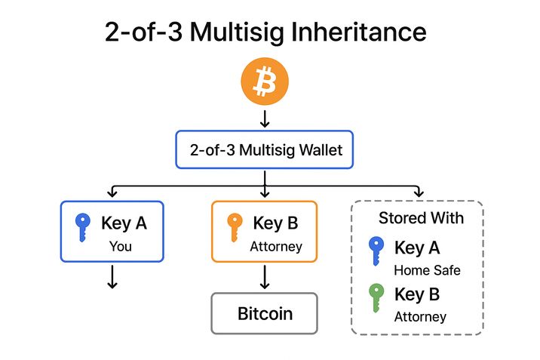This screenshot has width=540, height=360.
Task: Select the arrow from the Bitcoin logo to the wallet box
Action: click(x=264, y=118)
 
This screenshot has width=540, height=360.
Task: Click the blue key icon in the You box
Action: click(x=82, y=227)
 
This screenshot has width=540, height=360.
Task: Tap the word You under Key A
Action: click(x=121, y=245)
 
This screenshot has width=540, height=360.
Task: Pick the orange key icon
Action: click(x=235, y=227)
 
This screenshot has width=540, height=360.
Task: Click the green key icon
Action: click(x=376, y=298)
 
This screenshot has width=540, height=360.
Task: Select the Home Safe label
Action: click(x=427, y=270)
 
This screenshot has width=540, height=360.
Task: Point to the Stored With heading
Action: click(x=421, y=218)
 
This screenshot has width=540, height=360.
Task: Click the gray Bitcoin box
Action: click(x=265, y=313)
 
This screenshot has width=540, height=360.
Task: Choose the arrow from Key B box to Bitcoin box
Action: click(x=264, y=277)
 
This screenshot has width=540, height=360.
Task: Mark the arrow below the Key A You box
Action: click(x=112, y=277)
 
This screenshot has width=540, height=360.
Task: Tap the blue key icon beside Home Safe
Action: click(x=376, y=251)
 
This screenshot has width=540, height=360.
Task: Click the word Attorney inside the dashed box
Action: click(x=420, y=317)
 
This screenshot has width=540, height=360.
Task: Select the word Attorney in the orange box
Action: click(x=276, y=246)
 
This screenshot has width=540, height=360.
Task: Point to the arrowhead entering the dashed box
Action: click(x=419, y=193)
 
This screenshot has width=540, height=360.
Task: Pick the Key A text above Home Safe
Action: click(x=417, y=248)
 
